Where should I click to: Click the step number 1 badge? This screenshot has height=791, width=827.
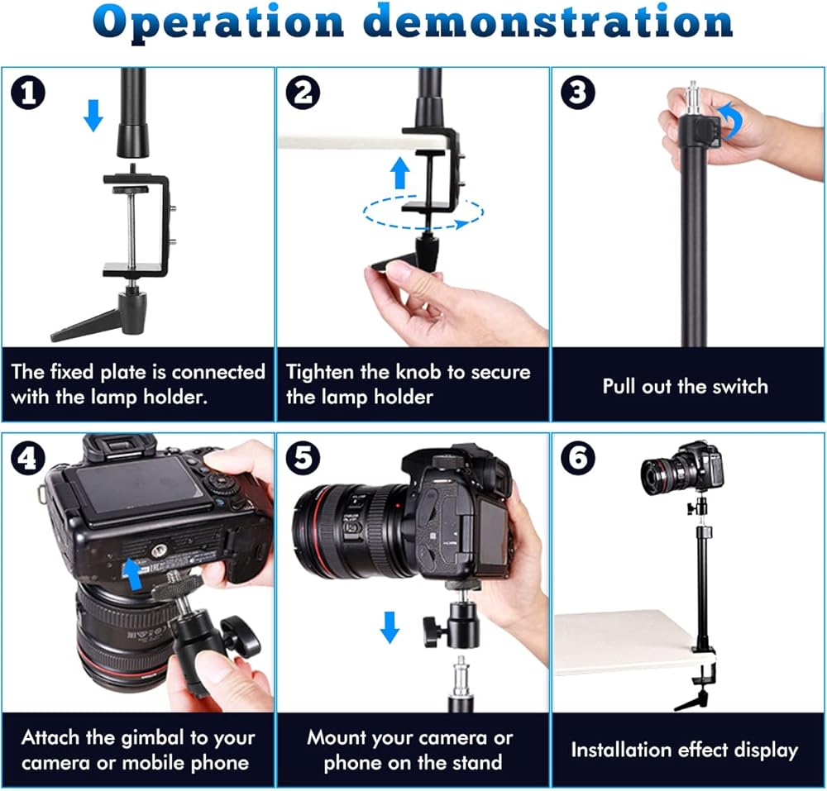point(28,93)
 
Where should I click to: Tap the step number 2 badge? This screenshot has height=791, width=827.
point(303,93)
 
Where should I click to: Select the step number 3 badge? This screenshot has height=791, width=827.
point(578,93)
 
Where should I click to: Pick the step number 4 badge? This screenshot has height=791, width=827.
point(28,458)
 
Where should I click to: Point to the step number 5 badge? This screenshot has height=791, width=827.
point(303,458)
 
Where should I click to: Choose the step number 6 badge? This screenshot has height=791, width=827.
point(578,458)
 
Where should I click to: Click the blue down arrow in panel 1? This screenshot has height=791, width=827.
point(93,116)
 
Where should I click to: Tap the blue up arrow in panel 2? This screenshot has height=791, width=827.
point(399,174)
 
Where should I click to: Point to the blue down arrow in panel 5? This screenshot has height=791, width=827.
point(390,627)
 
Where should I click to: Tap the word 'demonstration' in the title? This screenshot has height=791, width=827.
point(548,21)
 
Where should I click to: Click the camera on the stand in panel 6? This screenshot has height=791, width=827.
point(681,468)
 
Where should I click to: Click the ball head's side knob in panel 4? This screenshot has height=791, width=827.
point(241,635)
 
